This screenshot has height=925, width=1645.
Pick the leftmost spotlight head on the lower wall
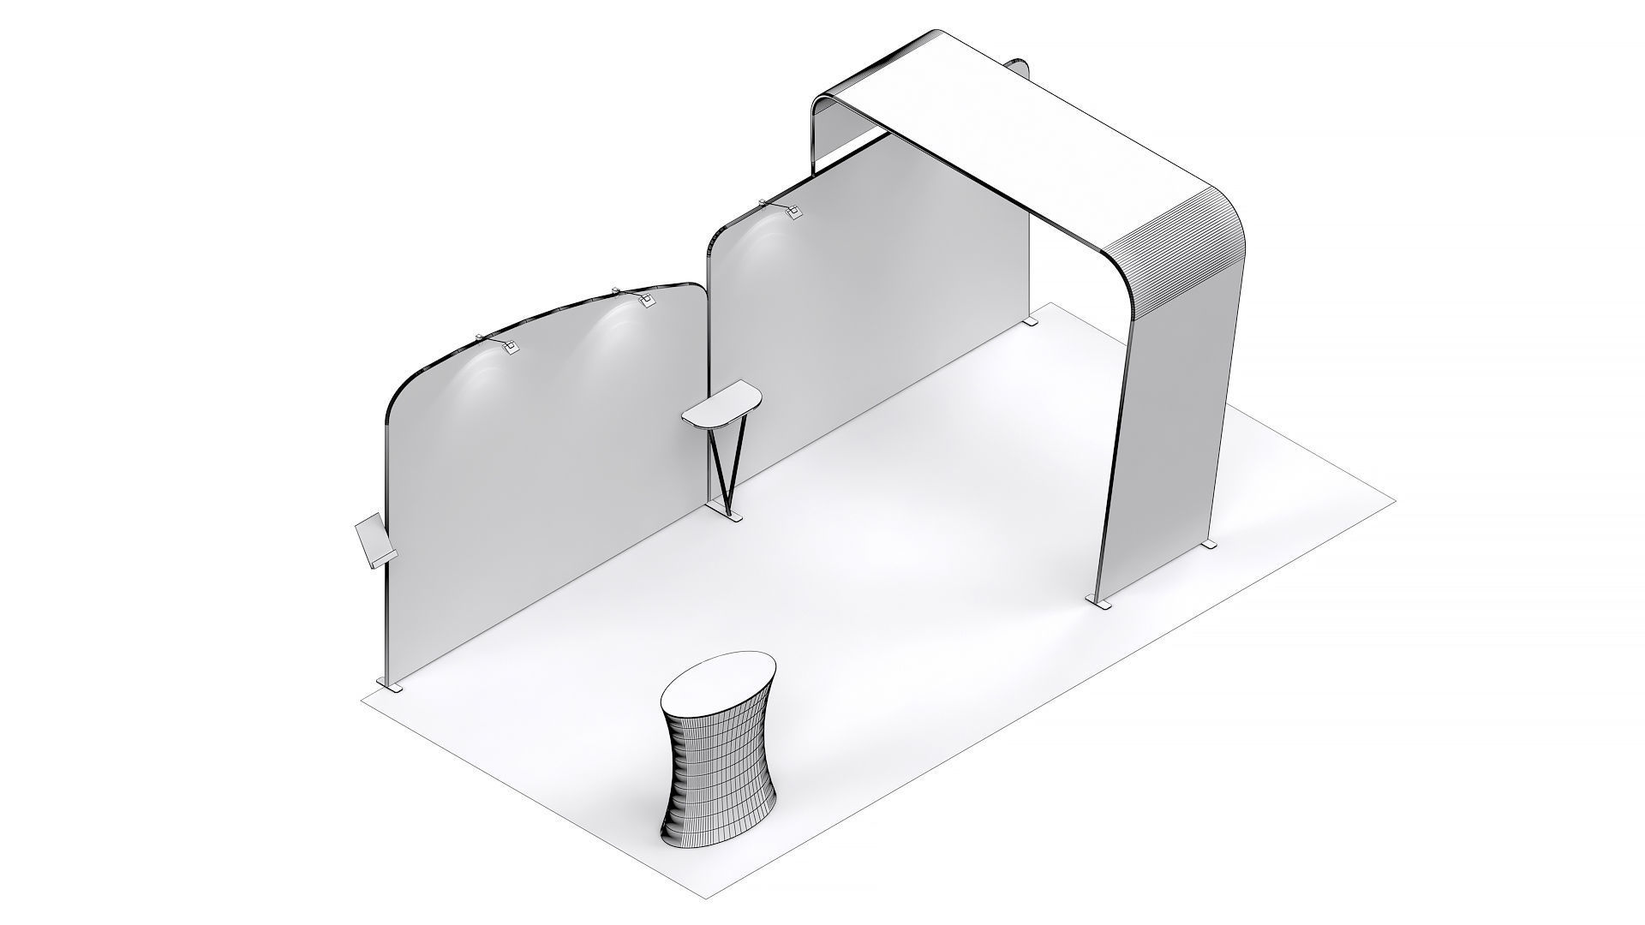click(509, 347)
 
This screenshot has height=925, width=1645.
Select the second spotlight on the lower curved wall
click(644, 300)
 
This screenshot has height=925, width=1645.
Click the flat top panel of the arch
click(1028, 128)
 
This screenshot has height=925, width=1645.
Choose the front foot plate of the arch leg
click(1101, 605)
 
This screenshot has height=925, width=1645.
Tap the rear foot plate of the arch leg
click(1208, 546)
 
